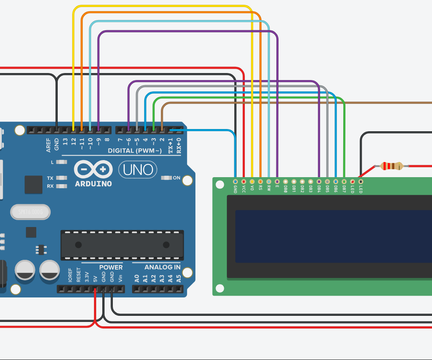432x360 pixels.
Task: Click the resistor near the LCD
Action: [x=391, y=166]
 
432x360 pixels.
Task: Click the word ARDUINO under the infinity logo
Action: [x=93, y=184]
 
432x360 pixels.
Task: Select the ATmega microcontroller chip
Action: [x=122, y=245]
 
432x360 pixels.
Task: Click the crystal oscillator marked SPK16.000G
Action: [x=30, y=213]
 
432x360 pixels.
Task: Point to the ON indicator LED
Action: [x=166, y=178]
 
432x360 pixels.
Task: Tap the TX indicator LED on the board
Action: [x=62, y=178]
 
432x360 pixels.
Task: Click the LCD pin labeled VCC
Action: [x=244, y=181]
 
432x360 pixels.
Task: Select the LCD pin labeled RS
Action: [x=260, y=181]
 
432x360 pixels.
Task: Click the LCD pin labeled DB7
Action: [x=344, y=181]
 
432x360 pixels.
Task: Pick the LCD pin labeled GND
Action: [x=235, y=181]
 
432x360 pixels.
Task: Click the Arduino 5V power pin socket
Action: [x=95, y=289]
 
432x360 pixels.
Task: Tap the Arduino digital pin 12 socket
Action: [x=73, y=130]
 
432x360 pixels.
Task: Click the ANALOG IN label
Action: [x=156, y=267]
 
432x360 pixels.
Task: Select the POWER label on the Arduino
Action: [x=111, y=267]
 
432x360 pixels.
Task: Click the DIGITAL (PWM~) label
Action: [x=135, y=151]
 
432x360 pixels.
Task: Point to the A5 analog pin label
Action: [x=178, y=278]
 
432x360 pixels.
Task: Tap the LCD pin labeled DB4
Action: [x=319, y=181]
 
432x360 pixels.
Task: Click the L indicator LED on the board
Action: [x=62, y=162]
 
